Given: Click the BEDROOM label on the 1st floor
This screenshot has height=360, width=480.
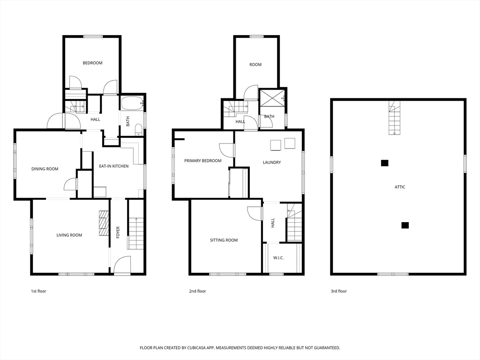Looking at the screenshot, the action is [92, 63].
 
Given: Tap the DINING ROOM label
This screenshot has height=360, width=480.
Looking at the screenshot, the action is [45, 169].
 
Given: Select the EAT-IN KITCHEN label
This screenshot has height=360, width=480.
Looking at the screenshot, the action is [113, 166].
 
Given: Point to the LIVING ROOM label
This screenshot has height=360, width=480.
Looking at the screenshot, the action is [69, 235].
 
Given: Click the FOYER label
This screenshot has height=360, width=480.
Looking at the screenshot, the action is [118, 232].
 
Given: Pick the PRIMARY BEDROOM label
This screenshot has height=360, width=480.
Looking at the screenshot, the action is [202, 161].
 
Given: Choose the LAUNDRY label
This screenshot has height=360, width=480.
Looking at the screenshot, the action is [272, 163].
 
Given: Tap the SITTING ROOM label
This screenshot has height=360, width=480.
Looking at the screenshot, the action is [224, 240].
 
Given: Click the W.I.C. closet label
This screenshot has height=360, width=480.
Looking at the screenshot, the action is [278, 258].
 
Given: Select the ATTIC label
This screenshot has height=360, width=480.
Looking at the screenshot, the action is [400, 187].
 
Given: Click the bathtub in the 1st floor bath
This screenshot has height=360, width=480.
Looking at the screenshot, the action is [132, 104].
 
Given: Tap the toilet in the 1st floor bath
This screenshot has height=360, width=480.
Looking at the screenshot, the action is [138, 129].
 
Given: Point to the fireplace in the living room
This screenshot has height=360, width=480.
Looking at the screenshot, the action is [104, 223].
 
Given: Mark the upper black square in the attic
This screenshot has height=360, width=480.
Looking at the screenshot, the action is [384, 163].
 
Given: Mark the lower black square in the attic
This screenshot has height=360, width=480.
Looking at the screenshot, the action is [405, 225].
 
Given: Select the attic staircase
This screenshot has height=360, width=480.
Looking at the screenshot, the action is [394, 118].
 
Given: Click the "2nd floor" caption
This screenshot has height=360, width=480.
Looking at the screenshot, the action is [197, 291].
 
